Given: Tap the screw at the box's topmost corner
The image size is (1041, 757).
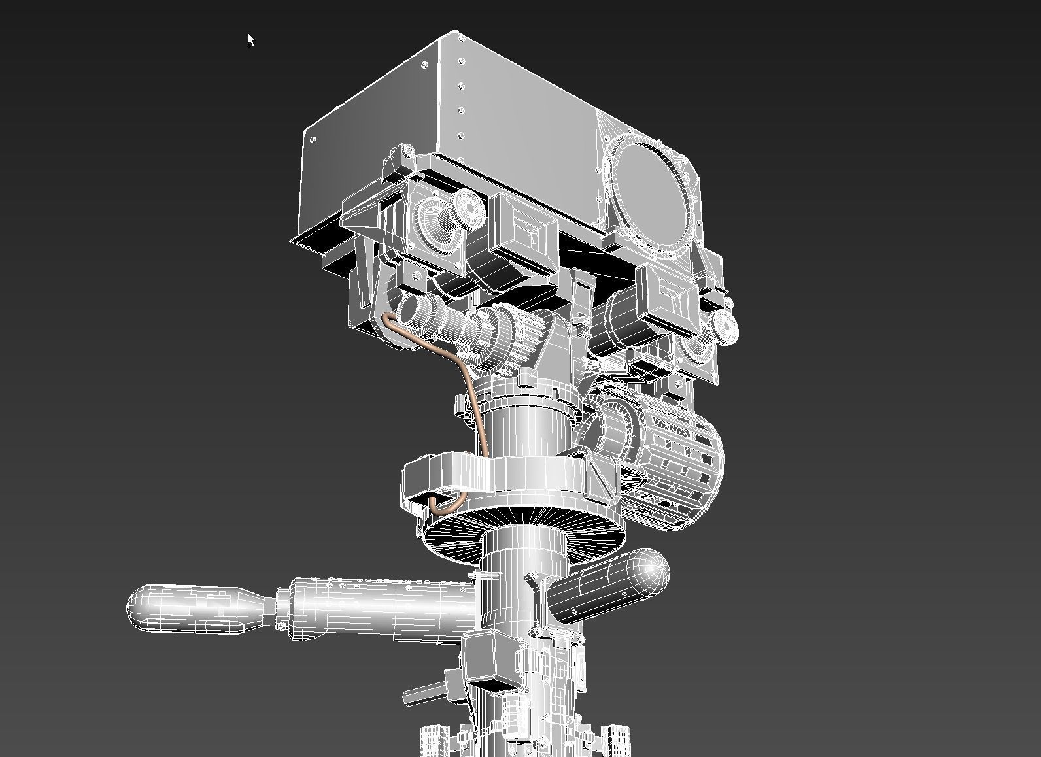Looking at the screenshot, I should (x=461, y=39).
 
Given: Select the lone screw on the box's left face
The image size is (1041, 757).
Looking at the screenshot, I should (x=313, y=140).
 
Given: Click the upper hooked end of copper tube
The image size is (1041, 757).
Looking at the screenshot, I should (x=388, y=320).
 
